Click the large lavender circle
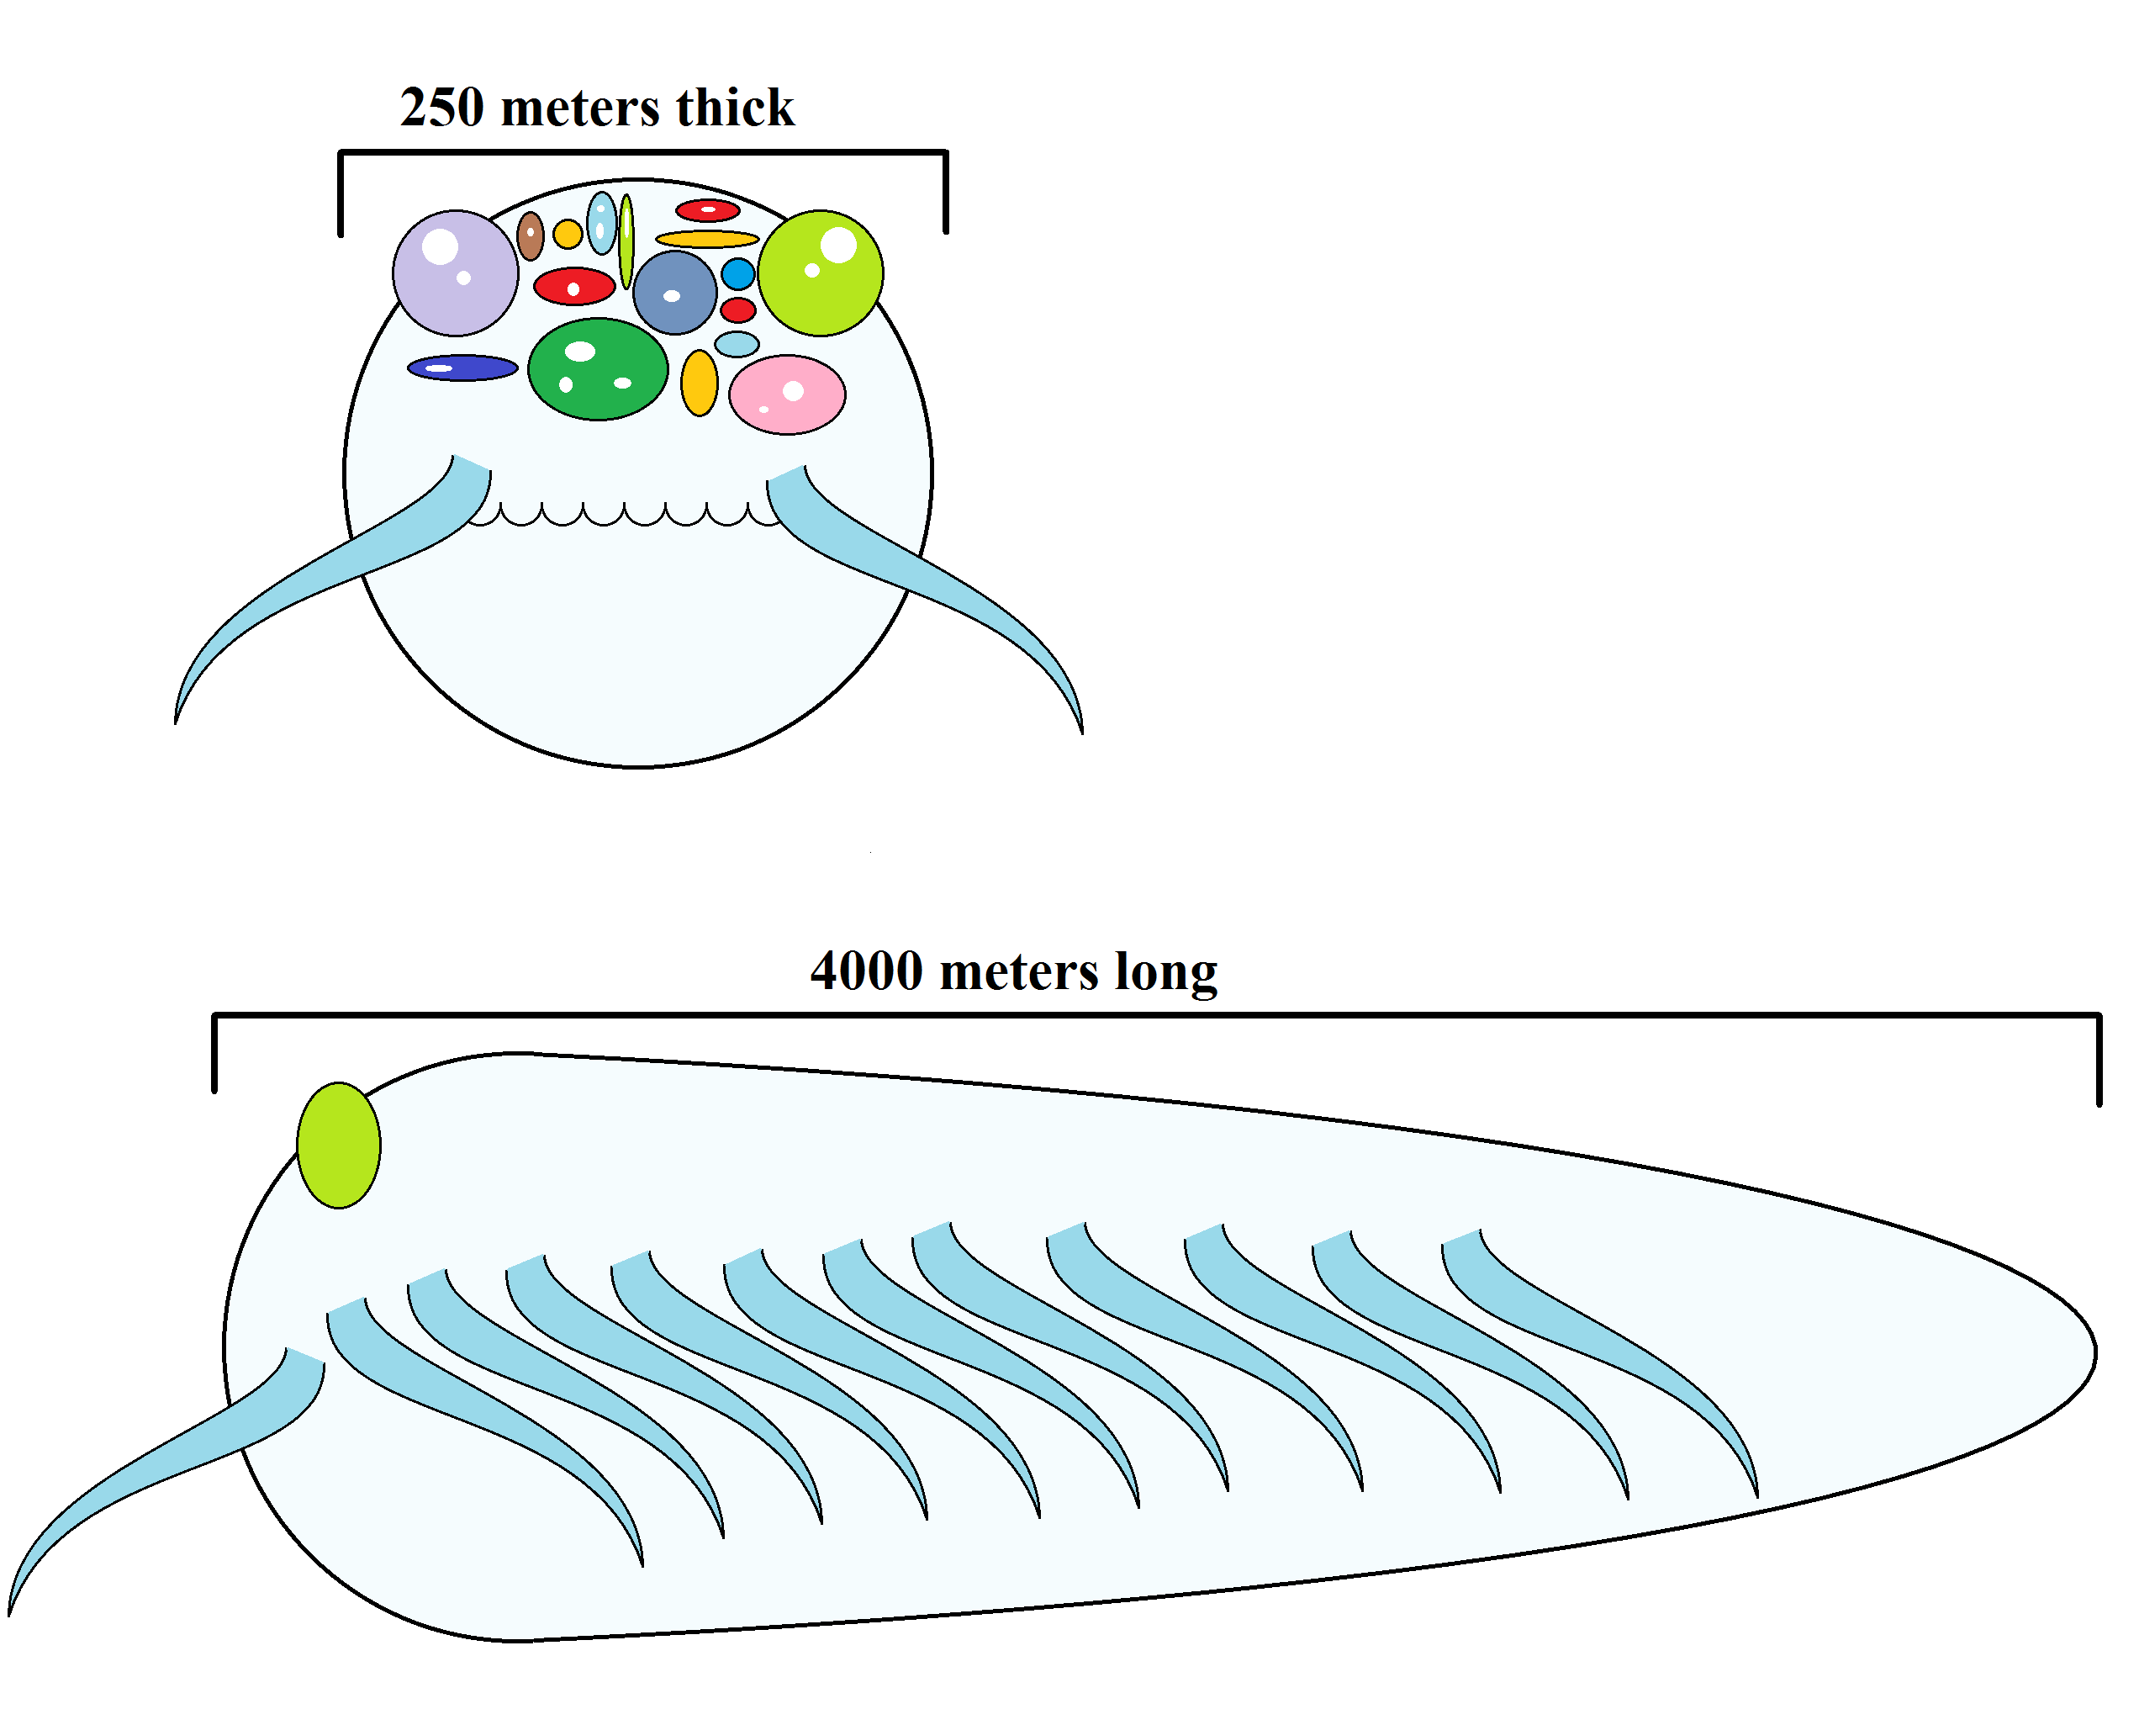(x=456, y=273)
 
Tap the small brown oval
(x=531, y=235)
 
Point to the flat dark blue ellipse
(x=462, y=368)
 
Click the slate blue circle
(x=674, y=293)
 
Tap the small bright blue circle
(x=738, y=273)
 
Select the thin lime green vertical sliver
(x=626, y=241)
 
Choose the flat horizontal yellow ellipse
(x=706, y=239)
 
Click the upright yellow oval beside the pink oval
(x=699, y=383)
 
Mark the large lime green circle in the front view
(x=821, y=273)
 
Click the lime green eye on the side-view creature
(x=338, y=1146)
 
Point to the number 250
(x=441, y=107)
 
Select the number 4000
(x=866, y=971)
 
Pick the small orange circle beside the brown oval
(x=568, y=234)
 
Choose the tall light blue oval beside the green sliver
(x=601, y=224)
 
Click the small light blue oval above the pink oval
(x=737, y=344)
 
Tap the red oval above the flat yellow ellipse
(x=707, y=210)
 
